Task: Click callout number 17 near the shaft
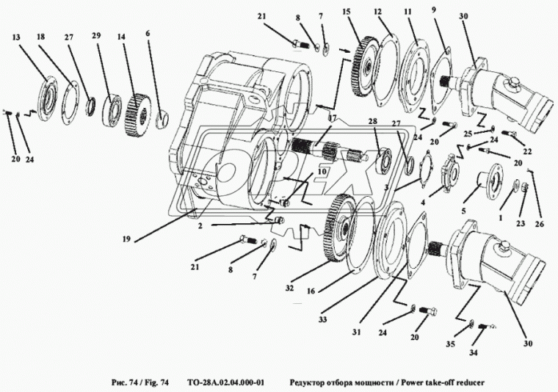pos(332,118)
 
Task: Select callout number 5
pos(463,211)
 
